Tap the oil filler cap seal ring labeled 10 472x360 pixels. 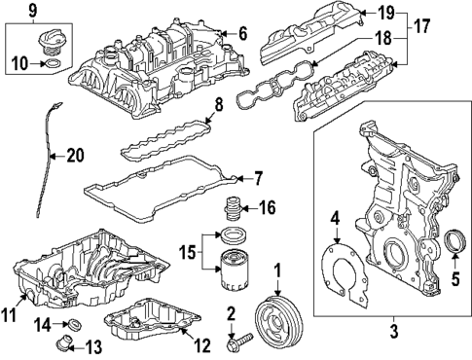pyautogui.click(x=56, y=65)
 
